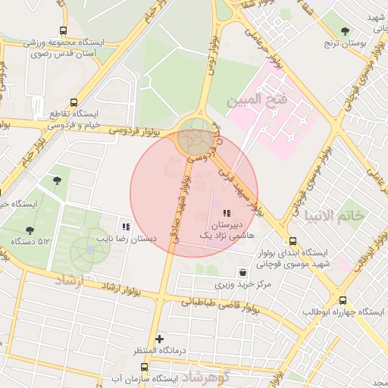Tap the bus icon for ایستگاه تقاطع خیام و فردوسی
74,102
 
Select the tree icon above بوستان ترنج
346,31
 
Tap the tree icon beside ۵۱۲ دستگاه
30,230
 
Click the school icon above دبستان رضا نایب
126,226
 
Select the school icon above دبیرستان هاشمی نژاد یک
227,213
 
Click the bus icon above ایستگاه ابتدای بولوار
282,239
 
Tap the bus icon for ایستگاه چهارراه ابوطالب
343,300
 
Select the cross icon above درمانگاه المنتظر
159,338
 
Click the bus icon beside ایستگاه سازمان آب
144,368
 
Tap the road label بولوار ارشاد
114,288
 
